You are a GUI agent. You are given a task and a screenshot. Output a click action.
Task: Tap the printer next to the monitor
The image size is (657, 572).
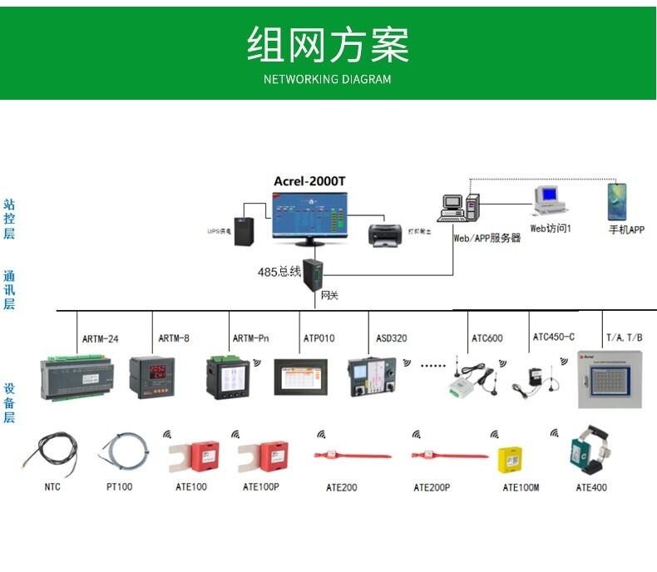pyautogui.click(x=386, y=235)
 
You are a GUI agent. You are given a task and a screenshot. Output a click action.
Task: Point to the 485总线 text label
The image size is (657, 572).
pyautogui.click(x=279, y=272)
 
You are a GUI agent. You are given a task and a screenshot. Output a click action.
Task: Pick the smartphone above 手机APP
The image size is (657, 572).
pyautogui.click(x=616, y=203)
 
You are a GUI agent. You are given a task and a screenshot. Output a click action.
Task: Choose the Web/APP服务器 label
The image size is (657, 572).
pyautogui.click(x=487, y=238)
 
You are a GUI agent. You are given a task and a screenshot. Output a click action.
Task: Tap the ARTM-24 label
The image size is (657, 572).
pyautogui.click(x=100, y=338)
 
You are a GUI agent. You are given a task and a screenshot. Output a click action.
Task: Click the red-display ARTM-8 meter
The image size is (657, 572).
pyautogui.click(x=151, y=375)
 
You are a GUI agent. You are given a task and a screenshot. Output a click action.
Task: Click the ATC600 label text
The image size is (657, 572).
pyautogui.click(x=487, y=338)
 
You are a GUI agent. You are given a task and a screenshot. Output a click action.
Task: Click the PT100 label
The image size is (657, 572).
pyautogui.click(x=119, y=487)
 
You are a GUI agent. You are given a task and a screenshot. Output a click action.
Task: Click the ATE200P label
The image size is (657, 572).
pyautogui.click(x=432, y=487)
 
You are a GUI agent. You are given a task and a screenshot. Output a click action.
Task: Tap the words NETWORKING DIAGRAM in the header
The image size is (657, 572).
pyautogui.click(x=328, y=80)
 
